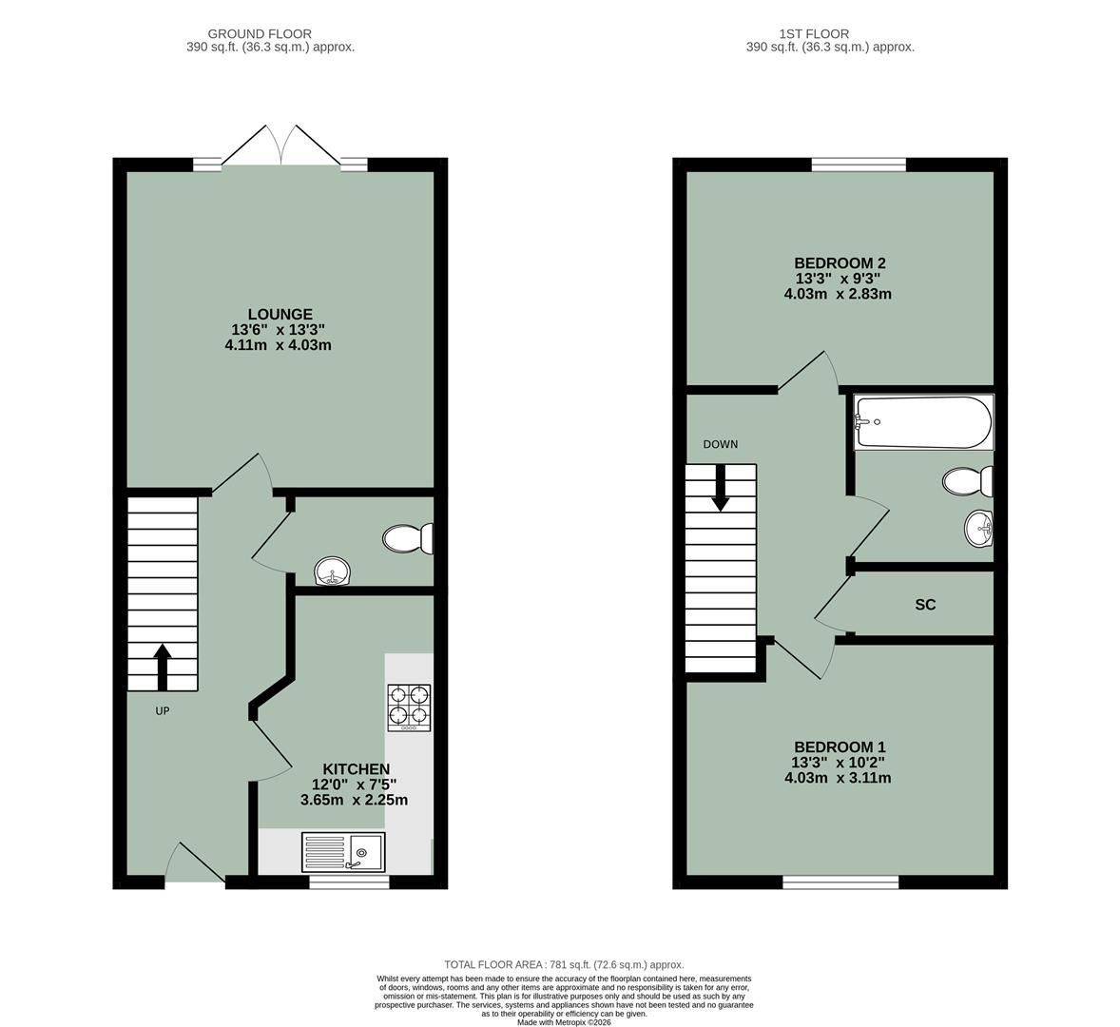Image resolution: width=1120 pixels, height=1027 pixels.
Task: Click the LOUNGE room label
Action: click(280, 314)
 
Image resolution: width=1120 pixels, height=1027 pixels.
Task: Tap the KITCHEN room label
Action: click(356, 768)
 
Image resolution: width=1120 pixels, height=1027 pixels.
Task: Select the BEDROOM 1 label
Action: click(840, 746)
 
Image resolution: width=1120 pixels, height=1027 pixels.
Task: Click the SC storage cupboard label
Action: click(924, 605)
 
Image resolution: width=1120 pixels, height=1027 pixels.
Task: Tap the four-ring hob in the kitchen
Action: click(409, 707)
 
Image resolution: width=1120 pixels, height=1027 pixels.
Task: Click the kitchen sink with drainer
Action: click(343, 851)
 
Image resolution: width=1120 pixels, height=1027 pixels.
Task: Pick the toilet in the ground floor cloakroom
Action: click(408, 539)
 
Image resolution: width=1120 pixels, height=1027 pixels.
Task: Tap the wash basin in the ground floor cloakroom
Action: click(333, 572)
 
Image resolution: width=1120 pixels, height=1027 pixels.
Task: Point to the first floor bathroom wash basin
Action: click(978, 529)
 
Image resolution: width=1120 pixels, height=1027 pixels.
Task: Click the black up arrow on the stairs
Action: click(162, 666)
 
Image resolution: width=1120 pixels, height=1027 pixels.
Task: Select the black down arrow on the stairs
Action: click(721, 487)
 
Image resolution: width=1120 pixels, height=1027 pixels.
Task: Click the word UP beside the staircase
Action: click(163, 710)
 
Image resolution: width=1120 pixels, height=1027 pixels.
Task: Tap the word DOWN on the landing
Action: click(720, 444)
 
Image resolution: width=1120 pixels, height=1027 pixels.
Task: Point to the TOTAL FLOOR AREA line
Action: click(564, 964)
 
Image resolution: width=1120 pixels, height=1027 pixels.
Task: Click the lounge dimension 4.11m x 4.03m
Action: click(278, 345)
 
